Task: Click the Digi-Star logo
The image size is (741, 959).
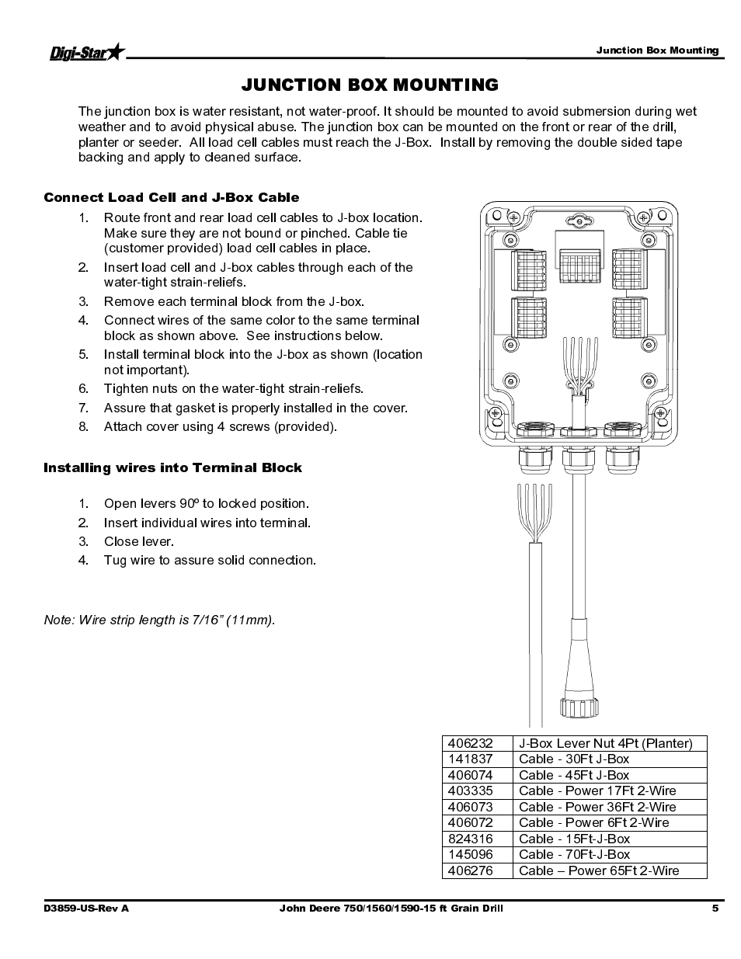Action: pyautogui.click(x=86, y=53)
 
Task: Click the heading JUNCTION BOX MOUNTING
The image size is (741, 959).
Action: pyautogui.click(x=370, y=84)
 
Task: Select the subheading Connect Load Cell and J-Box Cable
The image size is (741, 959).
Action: pyautogui.click(x=171, y=197)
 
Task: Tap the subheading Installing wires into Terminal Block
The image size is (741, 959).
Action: pyautogui.click(x=172, y=467)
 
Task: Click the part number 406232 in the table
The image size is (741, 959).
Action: pyautogui.click(x=471, y=743)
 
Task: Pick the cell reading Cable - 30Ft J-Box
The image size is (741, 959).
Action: pyautogui.click(x=574, y=759)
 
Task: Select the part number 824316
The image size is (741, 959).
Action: pyautogui.click(x=471, y=839)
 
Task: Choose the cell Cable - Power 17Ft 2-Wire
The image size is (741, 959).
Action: pyautogui.click(x=597, y=790)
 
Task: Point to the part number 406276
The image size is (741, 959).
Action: pyautogui.click(x=471, y=870)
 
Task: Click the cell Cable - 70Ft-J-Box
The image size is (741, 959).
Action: pyautogui.click(x=574, y=854)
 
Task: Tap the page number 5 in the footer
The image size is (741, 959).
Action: pyautogui.click(x=715, y=909)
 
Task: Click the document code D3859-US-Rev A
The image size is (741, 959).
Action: pyautogui.click(x=86, y=909)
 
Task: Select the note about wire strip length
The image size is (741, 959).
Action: pyautogui.click(x=159, y=620)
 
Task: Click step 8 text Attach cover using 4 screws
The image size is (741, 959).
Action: pyautogui.click(x=220, y=426)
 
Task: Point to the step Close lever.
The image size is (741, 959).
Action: pyautogui.click(x=138, y=541)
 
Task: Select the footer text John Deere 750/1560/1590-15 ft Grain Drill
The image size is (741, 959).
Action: pyautogui.click(x=391, y=909)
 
